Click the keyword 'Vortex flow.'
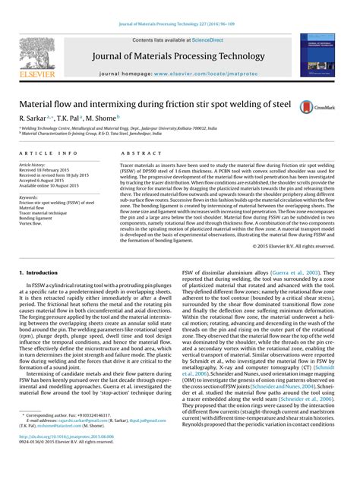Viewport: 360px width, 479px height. (36, 224)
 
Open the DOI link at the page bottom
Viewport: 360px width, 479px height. (67, 458)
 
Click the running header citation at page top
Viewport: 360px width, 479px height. (180, 24)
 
